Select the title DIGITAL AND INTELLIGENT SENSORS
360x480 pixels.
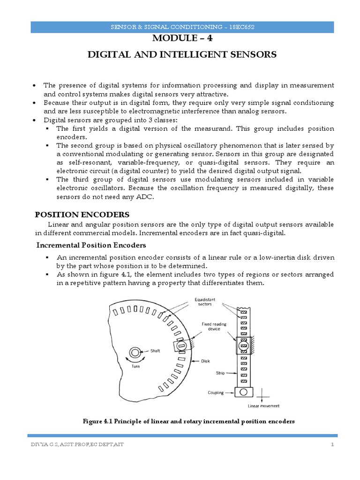pos(183,55)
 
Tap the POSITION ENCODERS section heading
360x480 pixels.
pos(82,215)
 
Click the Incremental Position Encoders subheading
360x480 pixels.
pos(92,245)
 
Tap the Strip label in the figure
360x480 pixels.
pos(221,373)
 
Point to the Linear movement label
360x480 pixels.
pos(263,406)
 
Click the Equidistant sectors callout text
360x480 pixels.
pos(204,301)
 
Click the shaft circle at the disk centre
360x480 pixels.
pos(135,352)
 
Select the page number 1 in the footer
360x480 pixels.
pos(332,444)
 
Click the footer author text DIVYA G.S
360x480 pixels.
pos(42,444)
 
